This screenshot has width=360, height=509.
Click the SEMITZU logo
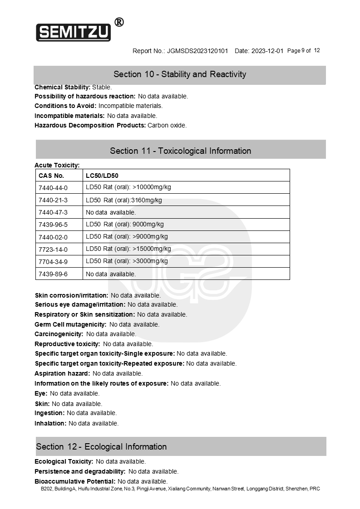click(x=74, y=32)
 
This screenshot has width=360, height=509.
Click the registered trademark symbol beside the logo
click(x=119, y=22)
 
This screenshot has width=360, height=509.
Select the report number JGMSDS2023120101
click(x=197, y=51)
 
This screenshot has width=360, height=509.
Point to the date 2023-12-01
click(x=267, y=51)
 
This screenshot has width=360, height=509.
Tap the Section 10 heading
click(x=180, y=74)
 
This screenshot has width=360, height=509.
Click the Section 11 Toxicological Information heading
click(x=180, y=151)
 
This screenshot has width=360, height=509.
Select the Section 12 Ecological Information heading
click(x=101, y=447)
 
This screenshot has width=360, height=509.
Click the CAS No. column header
click(x=51, y=176)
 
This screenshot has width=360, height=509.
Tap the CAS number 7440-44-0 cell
click(x=53, y=188)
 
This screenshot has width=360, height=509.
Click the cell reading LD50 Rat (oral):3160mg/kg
click(x=123, y=200)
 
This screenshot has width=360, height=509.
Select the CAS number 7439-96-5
click(x=53, y=225)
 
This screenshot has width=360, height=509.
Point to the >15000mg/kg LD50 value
click(x=152, y=249)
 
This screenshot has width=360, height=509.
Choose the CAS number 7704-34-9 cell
click(x=53, y=262)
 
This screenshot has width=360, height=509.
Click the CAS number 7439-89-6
click(x=53, y=274)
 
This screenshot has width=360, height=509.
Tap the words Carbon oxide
click(x=167, y=125)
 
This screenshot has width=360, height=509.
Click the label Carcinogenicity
click(x=59, y=334)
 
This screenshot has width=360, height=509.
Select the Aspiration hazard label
click(x=62, y=373)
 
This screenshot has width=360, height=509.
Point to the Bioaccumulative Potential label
click(x=75, y=481)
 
